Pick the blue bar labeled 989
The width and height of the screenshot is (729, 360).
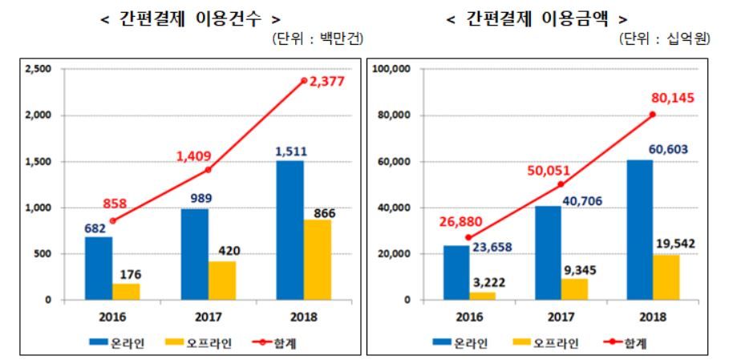195,254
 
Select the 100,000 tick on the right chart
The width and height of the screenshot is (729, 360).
392,70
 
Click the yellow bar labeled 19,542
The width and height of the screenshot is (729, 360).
666,277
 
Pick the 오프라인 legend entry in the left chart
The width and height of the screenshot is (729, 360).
184,342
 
